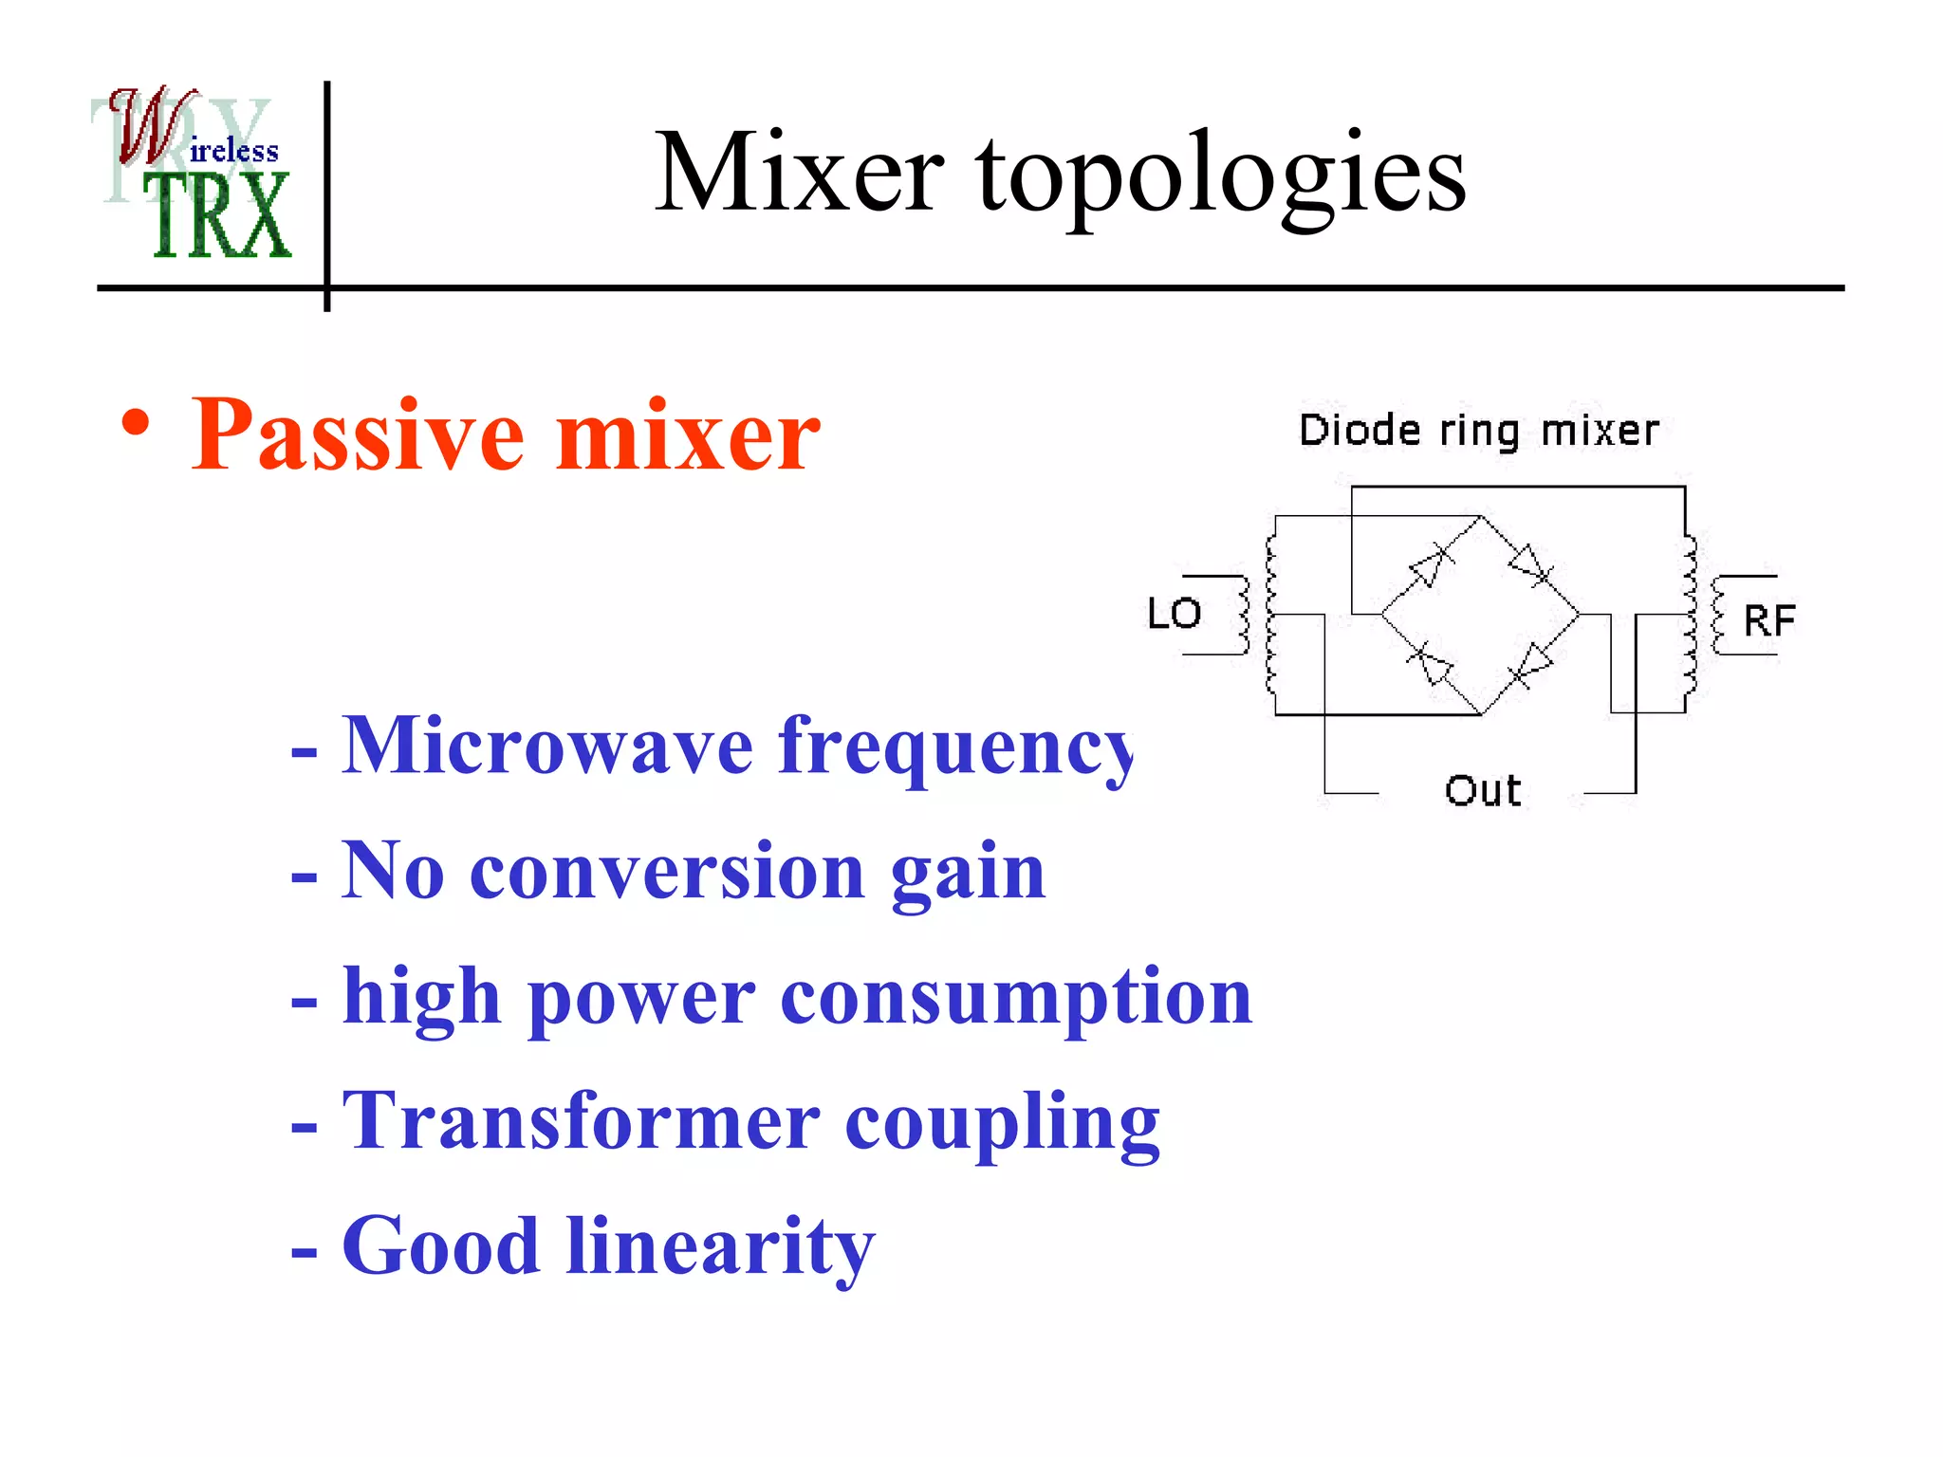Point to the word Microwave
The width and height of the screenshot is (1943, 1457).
(547, 747)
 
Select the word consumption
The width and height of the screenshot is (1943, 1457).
(1015, 998)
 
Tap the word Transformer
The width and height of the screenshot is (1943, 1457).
(580, 1122)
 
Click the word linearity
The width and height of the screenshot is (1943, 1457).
(720, 1247)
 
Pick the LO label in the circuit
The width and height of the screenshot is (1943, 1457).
(1174, 614)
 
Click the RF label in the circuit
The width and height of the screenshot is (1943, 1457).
(1768, 621)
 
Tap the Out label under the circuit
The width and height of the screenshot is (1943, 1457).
(1483, 790)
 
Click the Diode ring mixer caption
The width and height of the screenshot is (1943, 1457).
(1478, 431)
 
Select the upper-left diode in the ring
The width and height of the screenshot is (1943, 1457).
(1431, 565)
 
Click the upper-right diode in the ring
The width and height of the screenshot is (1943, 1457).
(1529, 565)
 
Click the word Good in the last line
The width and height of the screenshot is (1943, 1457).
(440, 1247)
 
